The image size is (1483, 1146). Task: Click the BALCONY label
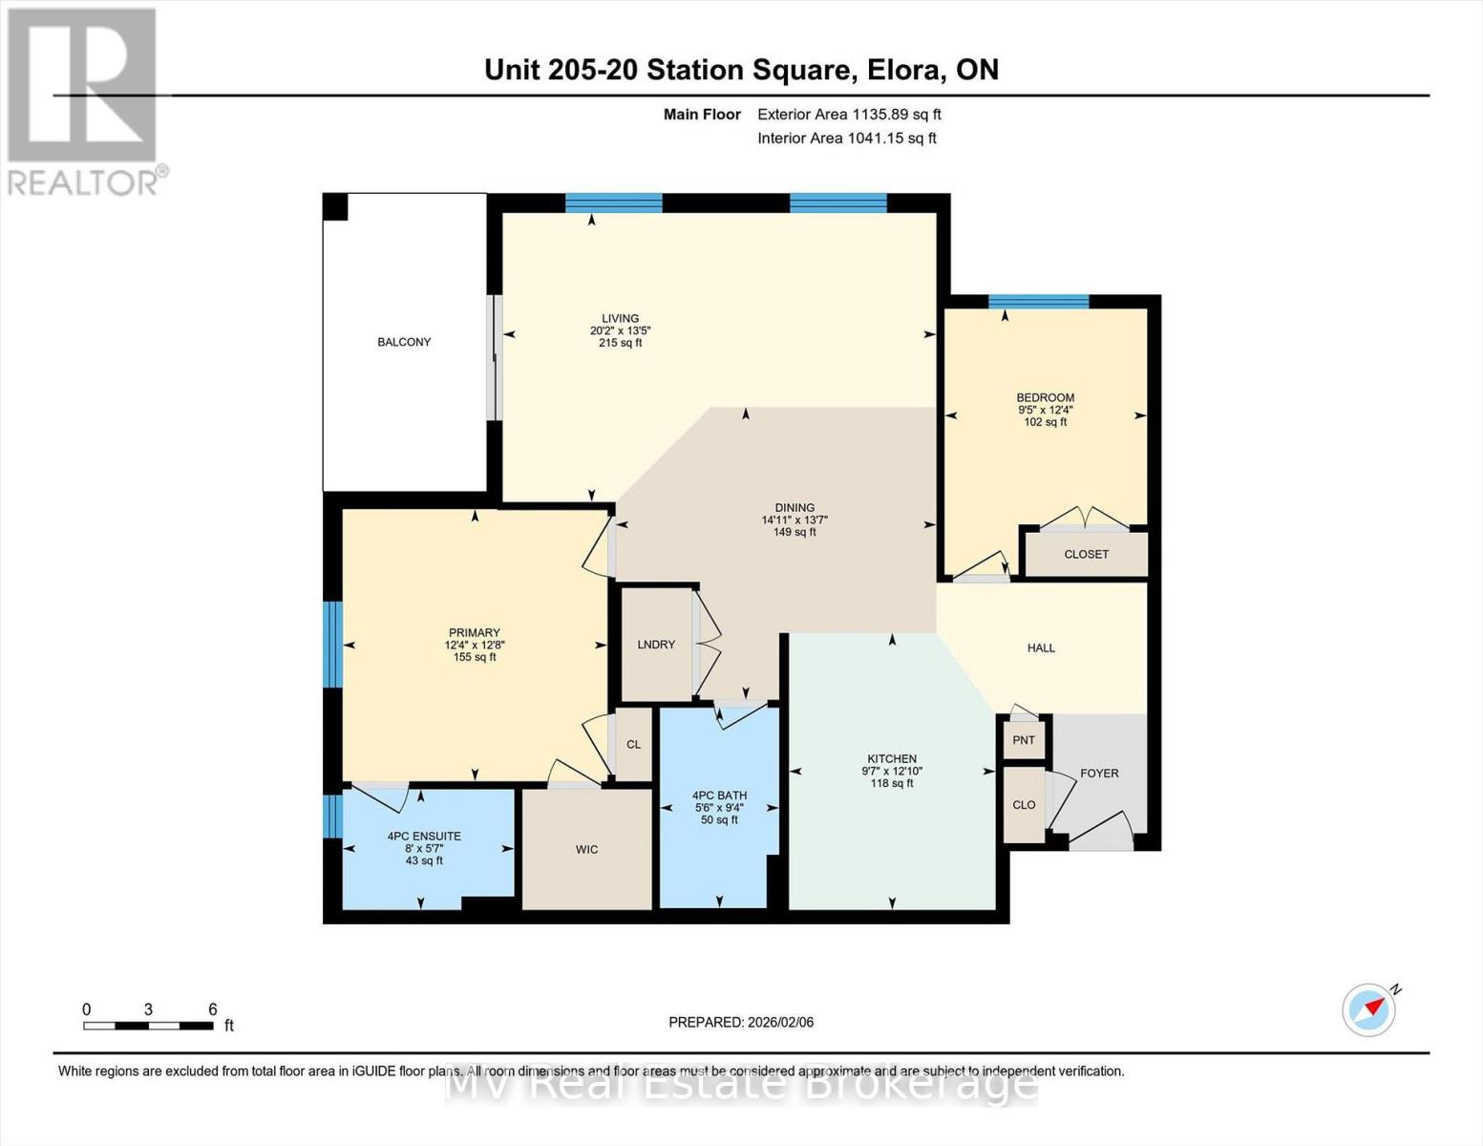[x=404, y=342]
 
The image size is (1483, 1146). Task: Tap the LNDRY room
[x=656, y=645]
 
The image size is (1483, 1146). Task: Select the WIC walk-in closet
[x=586, y=849]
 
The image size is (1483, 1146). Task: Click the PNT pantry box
[x=1024, y=740]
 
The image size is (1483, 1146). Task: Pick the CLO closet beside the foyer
[x=1024, y=805]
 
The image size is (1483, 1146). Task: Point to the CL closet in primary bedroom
[x=633, y=744]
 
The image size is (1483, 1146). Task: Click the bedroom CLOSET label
[x=1086, y=554]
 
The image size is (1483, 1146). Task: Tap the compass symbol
[x=1368, y=1009]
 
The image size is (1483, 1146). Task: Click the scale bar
[x=148, y=1026]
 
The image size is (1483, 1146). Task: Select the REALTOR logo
[x=83, y=100]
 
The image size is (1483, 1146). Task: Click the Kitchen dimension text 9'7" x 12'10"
[x=892, y=772]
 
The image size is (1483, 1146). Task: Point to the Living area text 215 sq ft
[x=620, y=343]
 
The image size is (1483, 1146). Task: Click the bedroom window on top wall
[x=1038, y=302]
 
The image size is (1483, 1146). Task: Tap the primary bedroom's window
[x=332, y=644]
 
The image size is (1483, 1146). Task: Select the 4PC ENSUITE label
[x=424, y=836]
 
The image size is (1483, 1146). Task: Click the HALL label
[x=1041, y=647]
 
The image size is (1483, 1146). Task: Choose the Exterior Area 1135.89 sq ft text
[x=849, y=114]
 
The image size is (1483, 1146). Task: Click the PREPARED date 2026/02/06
[x=741, y=1022]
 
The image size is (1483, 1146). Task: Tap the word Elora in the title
[x=902, y=70]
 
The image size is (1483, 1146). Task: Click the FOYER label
[x=1099, y=774]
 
